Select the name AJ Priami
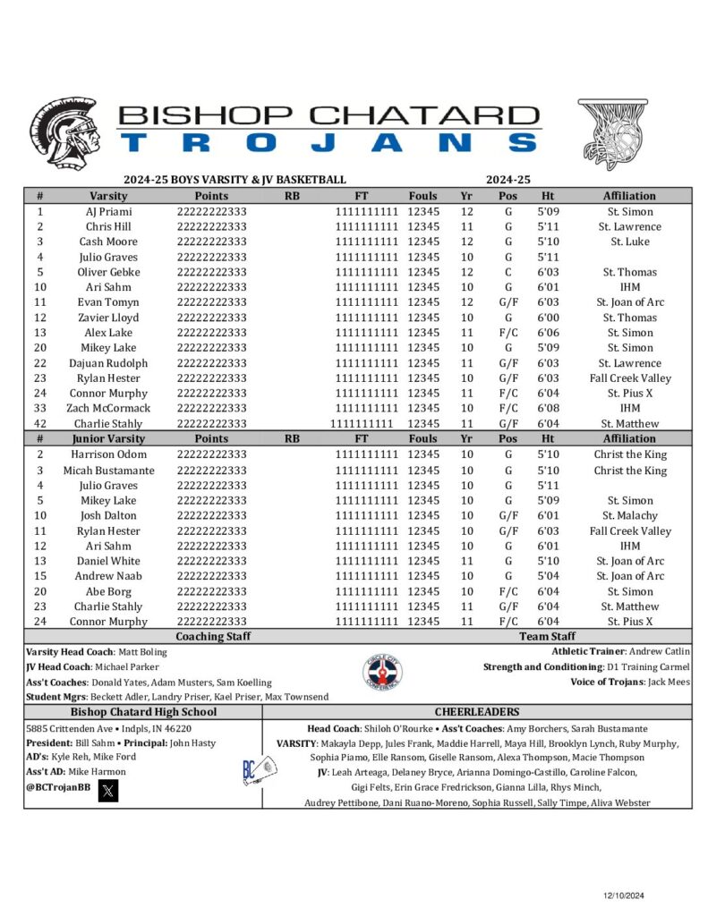point(108,212)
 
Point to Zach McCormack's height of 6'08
point(549,409)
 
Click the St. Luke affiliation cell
point(629,242)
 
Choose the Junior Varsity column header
point(108,439)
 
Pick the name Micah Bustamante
point(108,471)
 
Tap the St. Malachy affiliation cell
point(629,516)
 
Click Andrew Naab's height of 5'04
point(549,576)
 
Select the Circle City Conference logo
point(382,673)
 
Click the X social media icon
point(107,790)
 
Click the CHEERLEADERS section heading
point(476,712)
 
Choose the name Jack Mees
point(670,683)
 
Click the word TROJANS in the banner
point(329,142)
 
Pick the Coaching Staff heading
point(213,637)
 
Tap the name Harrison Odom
point(108,454)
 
